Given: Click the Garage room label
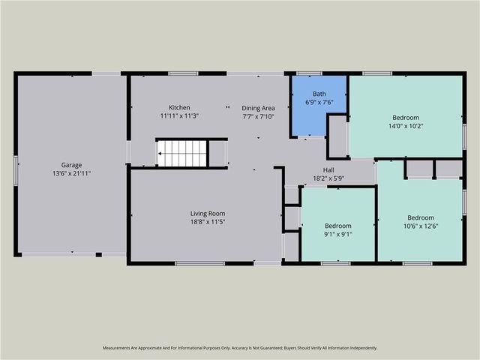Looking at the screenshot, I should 71,165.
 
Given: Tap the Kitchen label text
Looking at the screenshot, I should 179,107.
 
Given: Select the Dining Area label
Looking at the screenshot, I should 259,107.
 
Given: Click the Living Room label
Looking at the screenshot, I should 207,214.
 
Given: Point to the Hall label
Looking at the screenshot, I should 328,169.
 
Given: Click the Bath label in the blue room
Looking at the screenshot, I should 319,94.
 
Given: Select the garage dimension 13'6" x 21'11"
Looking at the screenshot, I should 71,174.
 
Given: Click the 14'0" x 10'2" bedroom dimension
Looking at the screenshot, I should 406,126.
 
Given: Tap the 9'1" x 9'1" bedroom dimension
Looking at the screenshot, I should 337,234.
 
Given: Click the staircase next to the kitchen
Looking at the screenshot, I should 181,153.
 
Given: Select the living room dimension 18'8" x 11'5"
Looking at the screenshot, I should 207,223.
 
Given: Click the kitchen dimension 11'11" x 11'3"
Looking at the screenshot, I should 179,116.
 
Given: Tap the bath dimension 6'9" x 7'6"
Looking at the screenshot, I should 319,102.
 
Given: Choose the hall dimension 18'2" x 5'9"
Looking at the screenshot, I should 328,178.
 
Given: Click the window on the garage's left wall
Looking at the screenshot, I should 16,169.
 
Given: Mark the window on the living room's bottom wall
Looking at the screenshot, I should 199,263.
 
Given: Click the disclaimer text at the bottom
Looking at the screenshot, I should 239,348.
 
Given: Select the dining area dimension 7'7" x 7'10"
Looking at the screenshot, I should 259,116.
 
